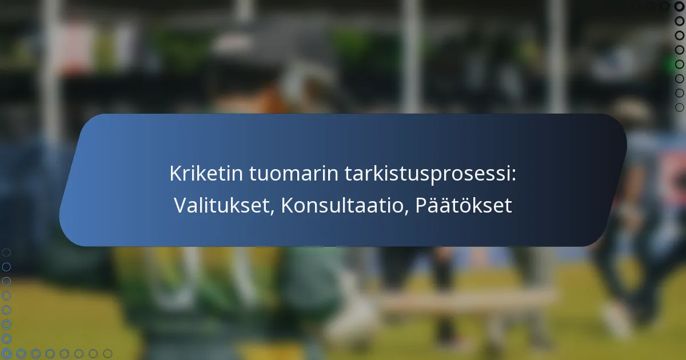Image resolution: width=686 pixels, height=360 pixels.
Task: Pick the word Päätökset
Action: point(463,206)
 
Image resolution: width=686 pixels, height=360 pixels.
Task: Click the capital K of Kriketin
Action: point(174,174)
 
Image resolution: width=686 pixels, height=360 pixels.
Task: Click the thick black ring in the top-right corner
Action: point(679,6)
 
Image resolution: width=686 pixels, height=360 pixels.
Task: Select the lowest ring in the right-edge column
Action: point(679,107)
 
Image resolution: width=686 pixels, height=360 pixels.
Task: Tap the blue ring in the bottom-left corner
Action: point(6,354)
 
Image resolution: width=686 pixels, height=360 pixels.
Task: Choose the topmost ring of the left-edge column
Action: point(6,252)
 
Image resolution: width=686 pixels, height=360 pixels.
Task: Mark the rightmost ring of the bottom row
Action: point(107,354)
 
